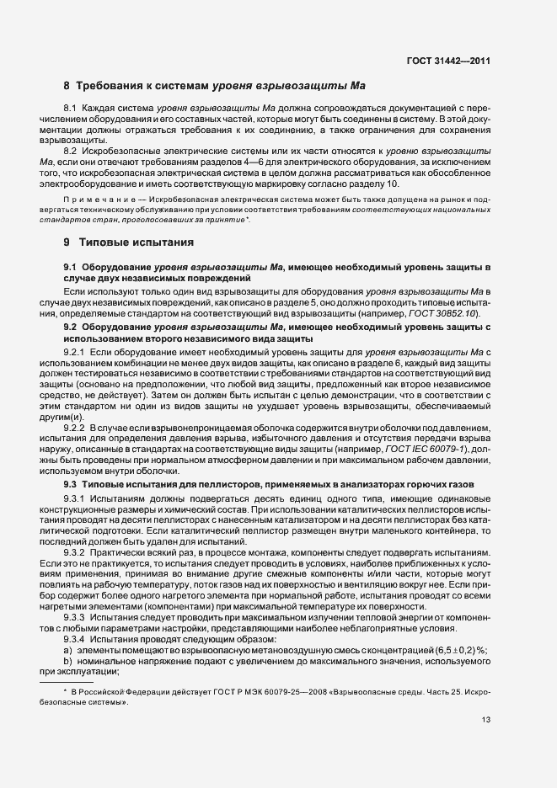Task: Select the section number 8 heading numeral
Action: tap(67, 86)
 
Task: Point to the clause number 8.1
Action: tap(71, 111)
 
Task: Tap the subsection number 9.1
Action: tap(70, 268)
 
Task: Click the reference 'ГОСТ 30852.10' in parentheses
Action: tap(447, 313)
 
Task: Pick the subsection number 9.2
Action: tap(70, 326)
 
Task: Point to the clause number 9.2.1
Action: tap(74, 349)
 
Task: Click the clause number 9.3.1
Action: tap(74, 500)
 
